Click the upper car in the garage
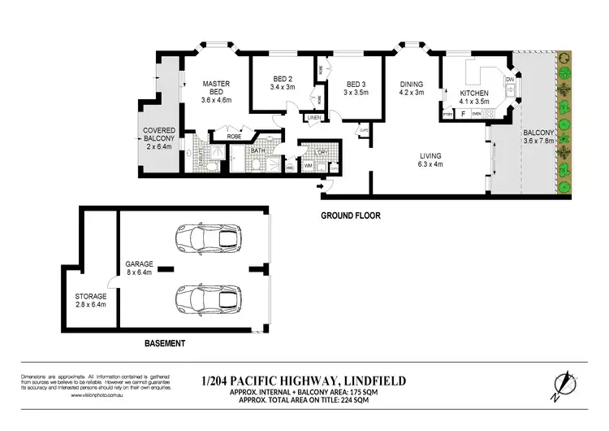[200, 238]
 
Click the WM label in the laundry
[308, 167]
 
